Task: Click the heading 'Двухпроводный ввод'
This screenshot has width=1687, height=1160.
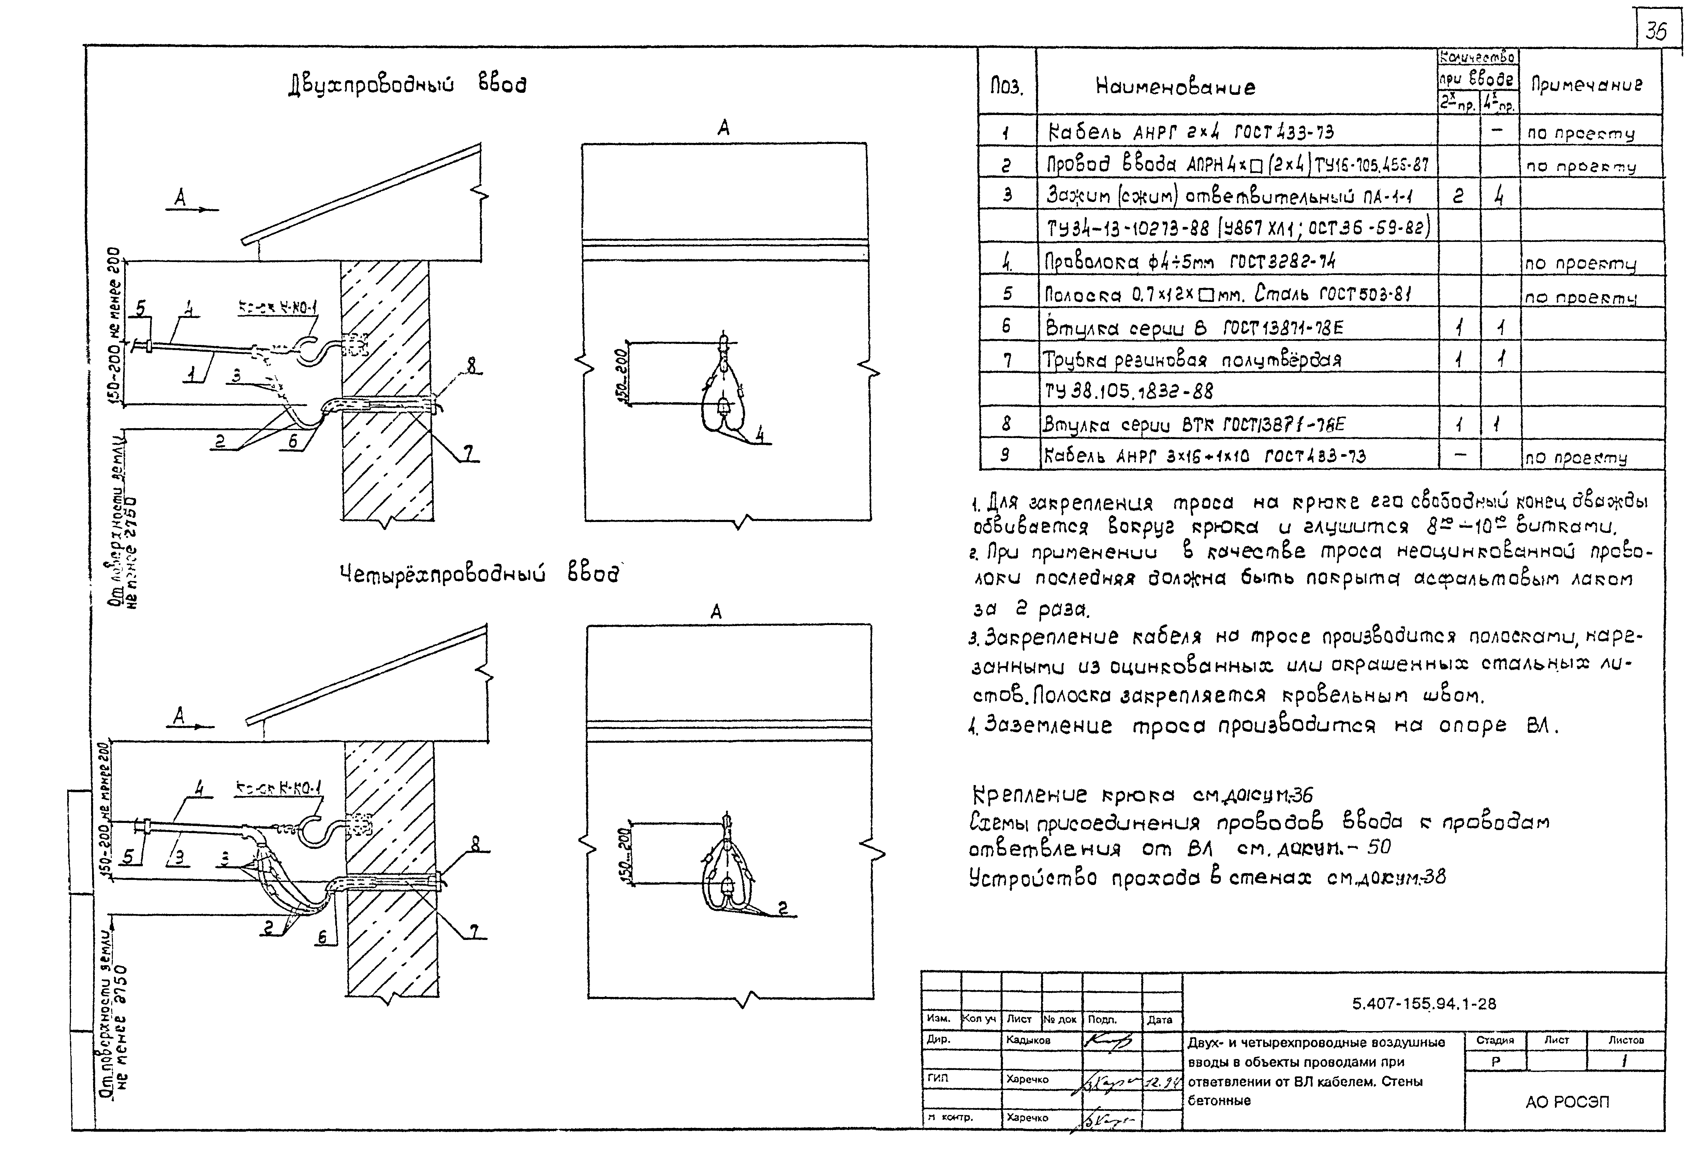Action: pos(407,85)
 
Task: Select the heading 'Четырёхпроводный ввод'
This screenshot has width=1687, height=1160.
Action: pos(479,575)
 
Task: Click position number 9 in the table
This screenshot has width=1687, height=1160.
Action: pos(1006,455)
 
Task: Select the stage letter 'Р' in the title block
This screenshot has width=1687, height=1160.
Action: pos(1495,1061)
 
